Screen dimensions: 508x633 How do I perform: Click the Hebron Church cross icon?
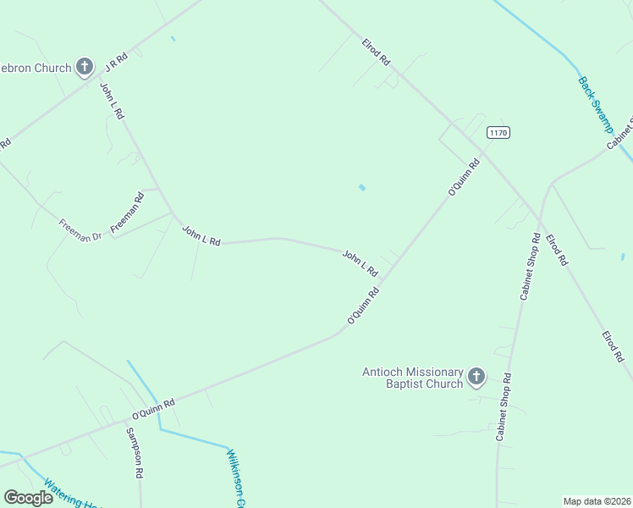point(84,66)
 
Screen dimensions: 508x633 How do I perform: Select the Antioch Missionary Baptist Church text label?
point(413,378)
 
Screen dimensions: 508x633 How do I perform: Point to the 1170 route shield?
point(498,133)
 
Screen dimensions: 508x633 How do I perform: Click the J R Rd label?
point(116,61)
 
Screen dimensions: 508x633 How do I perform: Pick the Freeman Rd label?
point(128,213)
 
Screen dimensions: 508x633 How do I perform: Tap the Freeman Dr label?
point(80,230)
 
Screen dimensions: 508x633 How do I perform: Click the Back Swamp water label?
point(595,105)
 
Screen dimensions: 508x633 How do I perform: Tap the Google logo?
point(28,498)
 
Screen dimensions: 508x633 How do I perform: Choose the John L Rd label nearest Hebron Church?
point(112,101)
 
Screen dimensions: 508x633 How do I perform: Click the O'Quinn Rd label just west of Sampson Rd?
point(153,409)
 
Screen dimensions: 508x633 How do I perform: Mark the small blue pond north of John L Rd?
point(362,187)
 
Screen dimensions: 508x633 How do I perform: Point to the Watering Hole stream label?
point(73,494)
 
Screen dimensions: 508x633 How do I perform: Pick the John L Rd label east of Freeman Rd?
point(201,236)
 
